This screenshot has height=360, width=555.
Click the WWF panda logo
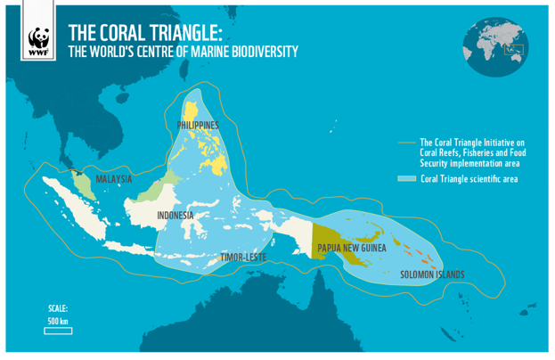click(x=38, y=41)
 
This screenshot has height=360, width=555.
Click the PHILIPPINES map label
click(x=197, y=126)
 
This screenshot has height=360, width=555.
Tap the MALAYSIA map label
click(x=113, y=179)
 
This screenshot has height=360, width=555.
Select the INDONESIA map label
click(x=175, y=216)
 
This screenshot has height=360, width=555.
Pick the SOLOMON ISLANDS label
click(x=432, y=274)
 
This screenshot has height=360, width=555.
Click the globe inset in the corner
click(x=495, y=45)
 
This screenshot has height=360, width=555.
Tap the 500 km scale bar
click(x=58, y=331)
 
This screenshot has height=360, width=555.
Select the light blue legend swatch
click(x=407, y=179)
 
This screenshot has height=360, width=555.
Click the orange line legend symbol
click(x=407, y=142)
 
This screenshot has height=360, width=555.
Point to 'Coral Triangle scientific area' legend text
click(x=469, y=179)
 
